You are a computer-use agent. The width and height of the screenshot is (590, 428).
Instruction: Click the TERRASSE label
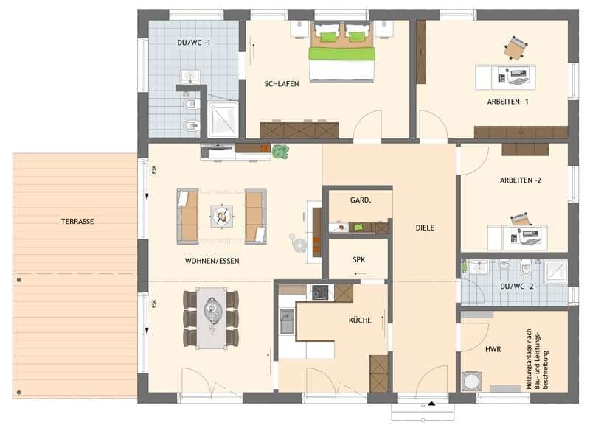coord(77,221)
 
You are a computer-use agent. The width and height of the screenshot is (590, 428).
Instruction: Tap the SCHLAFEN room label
coord(282,84)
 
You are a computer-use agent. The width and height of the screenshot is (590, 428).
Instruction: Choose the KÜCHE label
coord(361,320)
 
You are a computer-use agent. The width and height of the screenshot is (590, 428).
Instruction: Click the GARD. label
coord(360,200)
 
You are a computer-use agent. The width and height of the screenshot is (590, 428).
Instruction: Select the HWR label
coord(493,349)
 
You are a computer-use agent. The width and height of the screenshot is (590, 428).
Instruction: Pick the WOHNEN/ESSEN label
coord(212,261)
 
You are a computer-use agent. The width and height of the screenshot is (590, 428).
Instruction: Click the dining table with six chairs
coord(211,318)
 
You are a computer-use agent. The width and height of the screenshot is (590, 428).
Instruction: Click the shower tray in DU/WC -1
coord(222,119)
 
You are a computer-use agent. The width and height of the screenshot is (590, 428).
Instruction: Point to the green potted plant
coord(280,152)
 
